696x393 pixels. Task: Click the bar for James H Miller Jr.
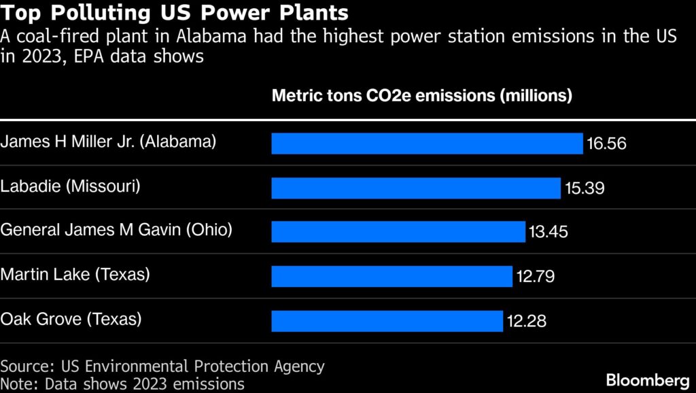click(x=427, y=143)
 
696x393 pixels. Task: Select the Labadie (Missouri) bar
click(x=415, y=188)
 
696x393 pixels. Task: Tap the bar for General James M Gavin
click(x=398, y=232)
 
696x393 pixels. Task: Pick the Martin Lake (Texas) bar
click(x=391, y=276)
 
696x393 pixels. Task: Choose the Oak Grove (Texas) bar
click(x=387, y=320)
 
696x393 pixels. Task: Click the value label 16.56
click(x=606, y=144)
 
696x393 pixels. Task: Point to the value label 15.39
click(x=584, y=188)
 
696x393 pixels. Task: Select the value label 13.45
click(x=548, y=232)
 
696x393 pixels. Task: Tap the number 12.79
click(x=534, y=276)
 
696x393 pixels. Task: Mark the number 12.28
click(x=525, y=320)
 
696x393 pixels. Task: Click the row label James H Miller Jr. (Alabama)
click(x=109, y=141)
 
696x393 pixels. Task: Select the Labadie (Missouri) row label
click(x=71, y=186)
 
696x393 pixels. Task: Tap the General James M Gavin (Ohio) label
click(x=116, y=230)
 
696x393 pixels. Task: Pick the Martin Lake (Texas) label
click(x=75, y=274)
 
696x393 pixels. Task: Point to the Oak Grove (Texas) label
click(x=71, y=318)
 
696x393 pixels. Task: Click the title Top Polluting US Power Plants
click(x=175, y=13)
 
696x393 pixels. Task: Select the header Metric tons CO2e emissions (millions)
click(x=421, y=95)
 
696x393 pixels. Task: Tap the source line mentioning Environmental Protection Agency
click(x=162, y=366)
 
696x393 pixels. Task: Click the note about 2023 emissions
click(x=122, y=383)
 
